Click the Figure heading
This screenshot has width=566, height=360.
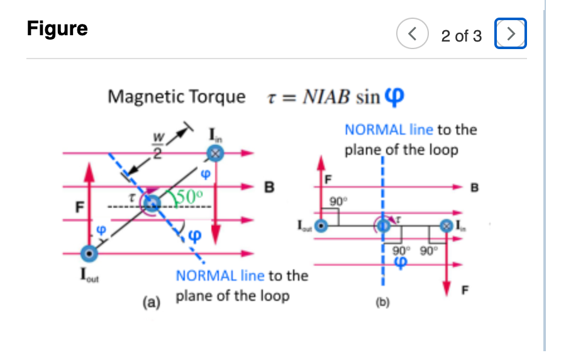(57, 29)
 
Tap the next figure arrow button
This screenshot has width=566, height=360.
(511, 35)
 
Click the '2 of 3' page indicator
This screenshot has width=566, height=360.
(461, 36)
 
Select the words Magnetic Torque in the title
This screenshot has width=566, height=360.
(177, 97)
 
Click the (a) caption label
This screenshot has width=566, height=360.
(152, 301)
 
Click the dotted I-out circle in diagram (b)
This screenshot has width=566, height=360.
(321, 225)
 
